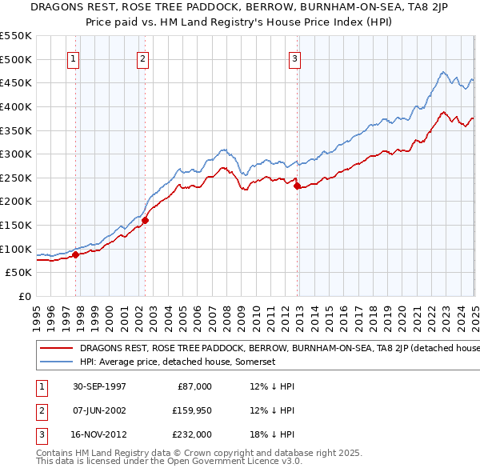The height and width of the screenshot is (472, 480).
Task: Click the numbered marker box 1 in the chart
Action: coord(73,57)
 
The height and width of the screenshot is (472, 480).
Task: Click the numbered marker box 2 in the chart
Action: coord(142,57)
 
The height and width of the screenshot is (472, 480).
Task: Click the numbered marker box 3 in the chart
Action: coord(294,57)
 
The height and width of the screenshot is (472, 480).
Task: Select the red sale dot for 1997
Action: coord(76,255)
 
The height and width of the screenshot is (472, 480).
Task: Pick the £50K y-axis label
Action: coord(18,273)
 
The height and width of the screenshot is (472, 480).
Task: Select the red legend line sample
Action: coord(58,348)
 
